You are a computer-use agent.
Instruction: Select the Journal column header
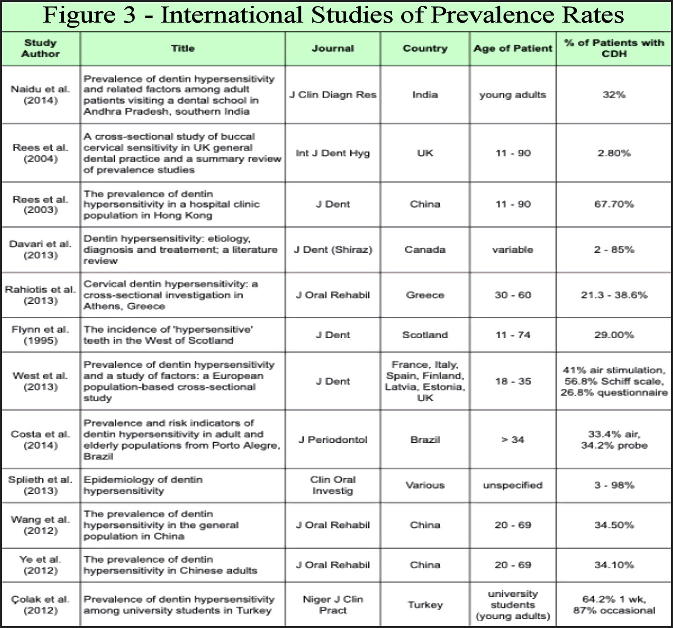point(333,48)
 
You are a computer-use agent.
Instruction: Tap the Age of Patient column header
point(512,48)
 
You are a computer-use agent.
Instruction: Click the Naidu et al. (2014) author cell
point(40,95)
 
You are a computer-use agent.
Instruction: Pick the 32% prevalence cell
point(614,95)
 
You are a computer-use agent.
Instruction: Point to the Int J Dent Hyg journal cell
point(333,153)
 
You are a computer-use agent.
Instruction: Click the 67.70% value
point(614,204)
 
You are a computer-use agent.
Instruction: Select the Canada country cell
point(425,249)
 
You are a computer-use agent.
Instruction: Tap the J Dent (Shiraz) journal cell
point(333,249)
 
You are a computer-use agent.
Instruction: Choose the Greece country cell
point(425,295)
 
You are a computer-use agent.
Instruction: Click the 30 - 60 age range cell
point(512,295)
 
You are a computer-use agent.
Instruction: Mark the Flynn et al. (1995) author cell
point(40,335)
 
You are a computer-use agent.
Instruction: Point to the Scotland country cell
point(425,335)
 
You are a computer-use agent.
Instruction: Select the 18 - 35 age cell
point(512,381)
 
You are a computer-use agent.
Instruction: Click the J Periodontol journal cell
point(333,440)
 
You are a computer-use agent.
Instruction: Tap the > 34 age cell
point(512,440)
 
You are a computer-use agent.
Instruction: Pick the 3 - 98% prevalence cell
point(614,485)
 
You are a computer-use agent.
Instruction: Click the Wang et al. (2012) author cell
point(40,525)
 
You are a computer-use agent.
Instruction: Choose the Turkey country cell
point(425,605)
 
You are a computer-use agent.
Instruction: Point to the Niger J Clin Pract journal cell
point(333,605)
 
